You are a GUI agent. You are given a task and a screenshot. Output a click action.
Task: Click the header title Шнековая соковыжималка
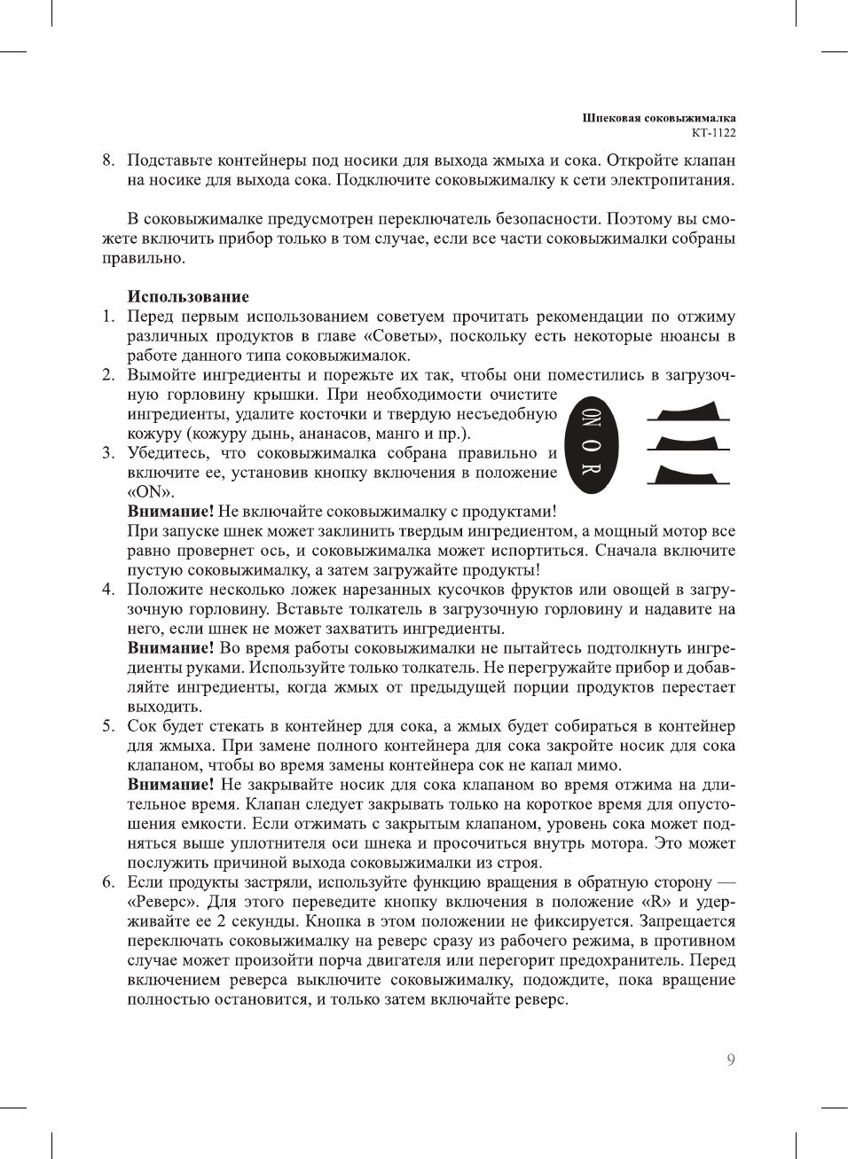(x=659, y=117)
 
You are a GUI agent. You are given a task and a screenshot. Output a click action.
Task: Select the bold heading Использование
(x=188, y=296)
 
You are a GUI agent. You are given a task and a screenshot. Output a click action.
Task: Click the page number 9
(x=730, y=1060)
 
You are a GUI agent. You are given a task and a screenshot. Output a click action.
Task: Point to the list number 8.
(x=107, y=161)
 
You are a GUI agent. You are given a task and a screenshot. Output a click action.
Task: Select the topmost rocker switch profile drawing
(x=687, y=411)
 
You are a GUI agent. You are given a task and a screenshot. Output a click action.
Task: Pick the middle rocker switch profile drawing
(x=687, y=442)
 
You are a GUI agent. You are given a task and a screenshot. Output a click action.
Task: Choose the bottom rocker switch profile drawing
(x=687, y=474)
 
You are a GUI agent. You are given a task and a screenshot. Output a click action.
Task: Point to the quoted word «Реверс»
(x=164, y=902)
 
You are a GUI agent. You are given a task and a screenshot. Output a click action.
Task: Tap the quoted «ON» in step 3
(x=150, y=492)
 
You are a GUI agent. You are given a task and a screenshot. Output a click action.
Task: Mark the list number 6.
(x=107, y=882)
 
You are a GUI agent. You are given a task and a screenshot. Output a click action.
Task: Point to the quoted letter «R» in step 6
(x=656, y=902)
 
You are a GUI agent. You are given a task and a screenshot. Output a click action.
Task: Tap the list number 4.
(x=107, y=590)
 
